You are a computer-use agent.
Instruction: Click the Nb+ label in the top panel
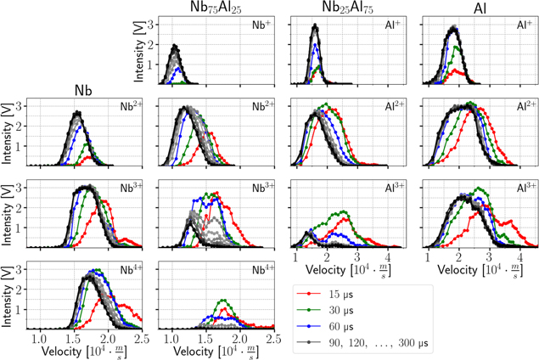pos(261,25)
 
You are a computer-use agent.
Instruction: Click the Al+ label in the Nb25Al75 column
pos(394,25)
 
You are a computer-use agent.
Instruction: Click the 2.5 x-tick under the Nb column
pos(141,338)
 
